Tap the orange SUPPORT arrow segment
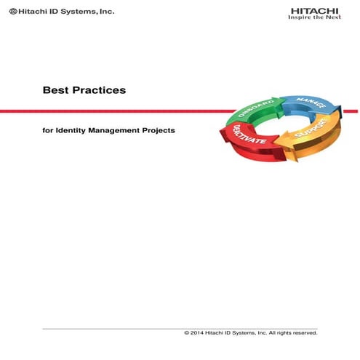(313, 137)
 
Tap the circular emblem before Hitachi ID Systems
(15, 12)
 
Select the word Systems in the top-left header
(76, 12)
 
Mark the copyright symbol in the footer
(188, 332)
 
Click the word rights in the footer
(279, 332)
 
